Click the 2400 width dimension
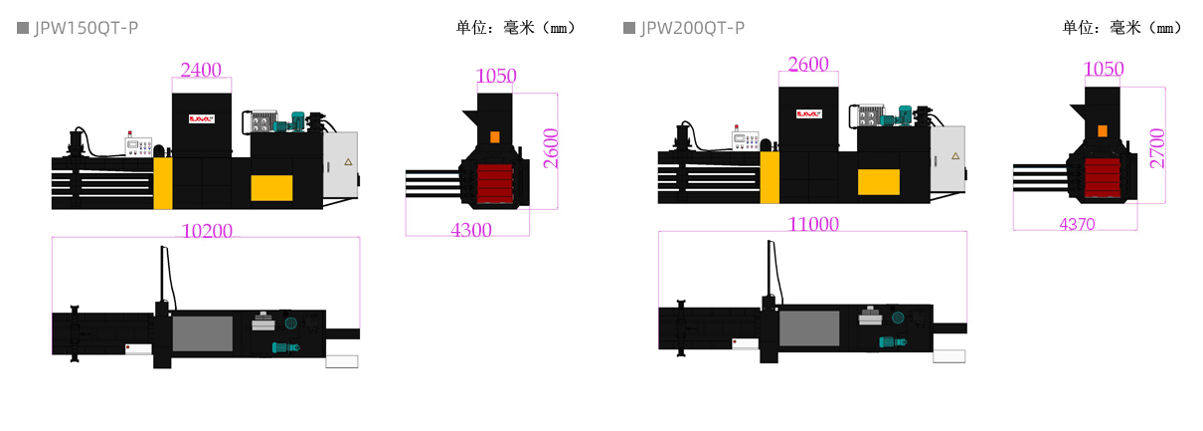pyautogui.click(x=201, y=70)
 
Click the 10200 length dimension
pyautogui.click(x=207, y=231)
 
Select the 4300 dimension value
pyautogui.click(x=471, y=230)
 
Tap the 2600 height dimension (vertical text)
pyautogui.click(x=551, y=148)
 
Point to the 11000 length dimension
pyautogui.click(x=813, y=224)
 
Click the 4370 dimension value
pyautogui.click(x=1077, y=225)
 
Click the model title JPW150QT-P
pyautogui.click(x=86, y=28)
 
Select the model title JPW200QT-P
pyautogui.click(x=692, y=28)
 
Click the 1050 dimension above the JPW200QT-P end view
pyautogui.click(x=1104, y=69)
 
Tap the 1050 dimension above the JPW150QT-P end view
pyautogui.click(x=496, y=76)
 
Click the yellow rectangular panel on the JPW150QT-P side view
pyautogui.click(x=271, y=187)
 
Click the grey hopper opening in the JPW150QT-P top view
pyautogui.click(x=203, y=333)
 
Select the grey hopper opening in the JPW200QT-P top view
pyautogui.click(x=809, y=327)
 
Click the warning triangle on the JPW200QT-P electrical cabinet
pyautogui.click(x=955, y=156)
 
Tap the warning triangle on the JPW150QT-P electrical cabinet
pyautogui.click(x=348, y=162)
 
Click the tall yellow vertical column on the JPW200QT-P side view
pyautogui.click(x=770, y=177)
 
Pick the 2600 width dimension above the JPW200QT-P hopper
pyautogui.click(x=808, y=64)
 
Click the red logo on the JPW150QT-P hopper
pyautogui.click(x=202, y=118)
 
